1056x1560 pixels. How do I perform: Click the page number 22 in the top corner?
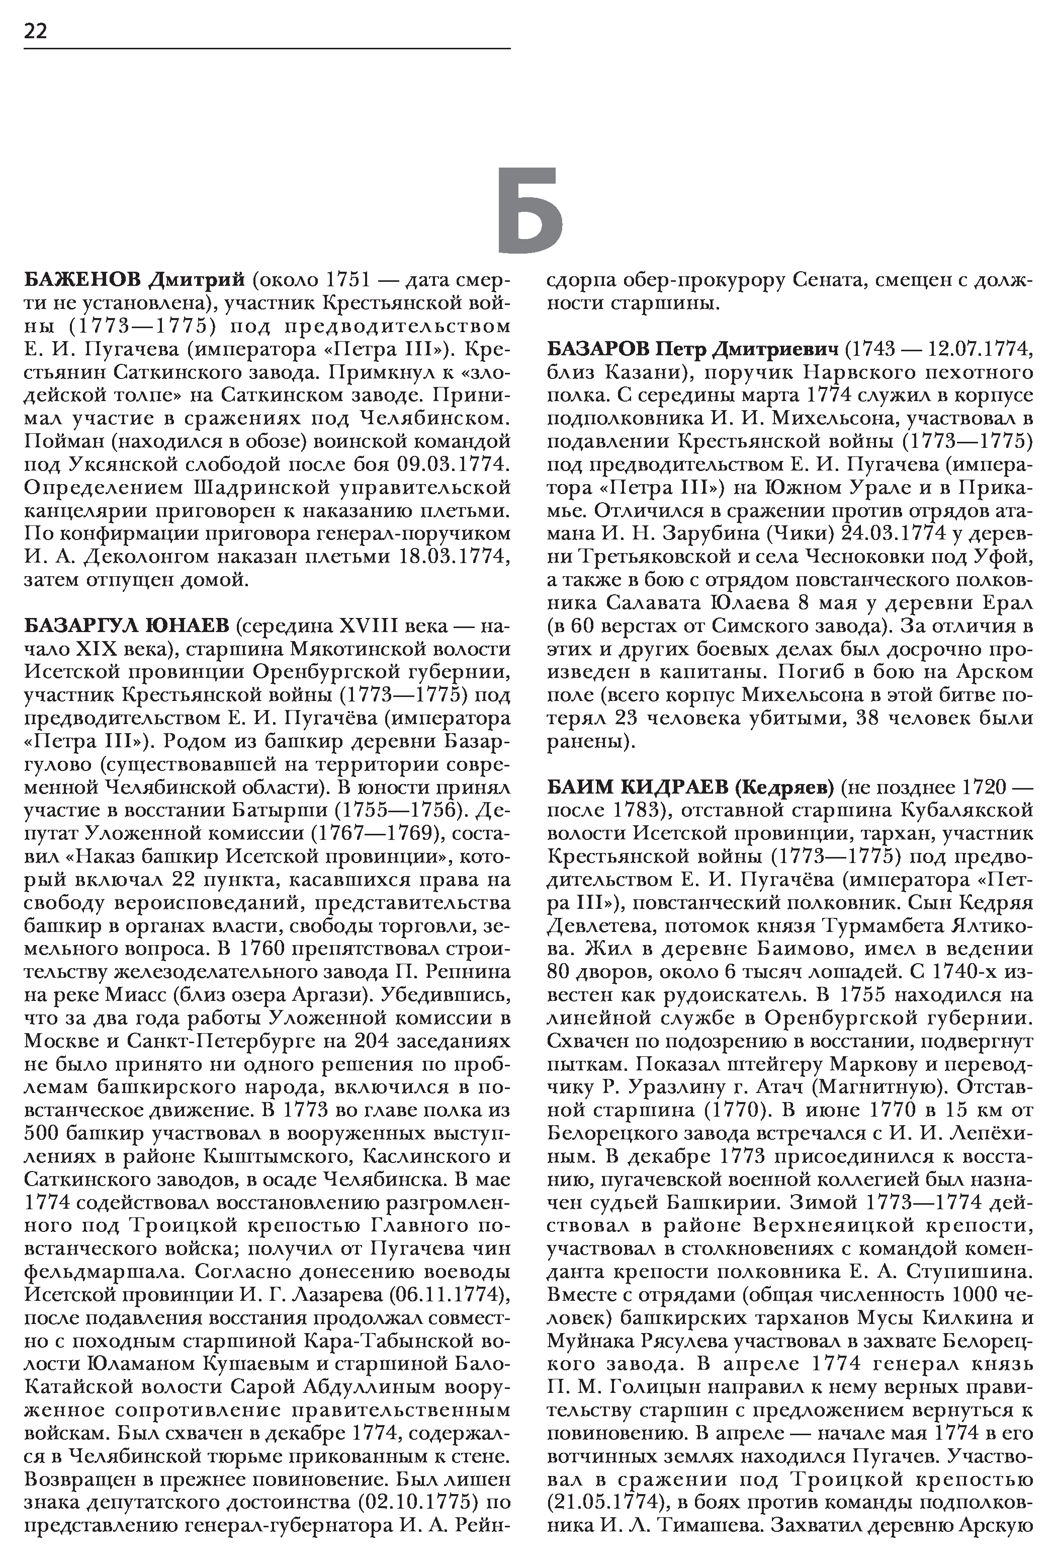pyautogui.click(x=36, y=32)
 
